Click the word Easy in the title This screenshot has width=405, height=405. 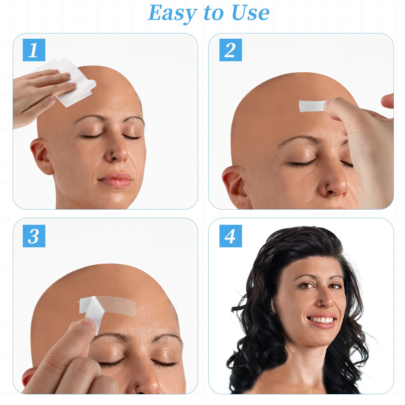[172, 13]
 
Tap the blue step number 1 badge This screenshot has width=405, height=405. [34, 50]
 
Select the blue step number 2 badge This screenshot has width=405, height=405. [231, 50]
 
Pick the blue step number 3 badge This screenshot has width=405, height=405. [34, 236]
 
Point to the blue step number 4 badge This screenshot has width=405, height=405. [231, 236]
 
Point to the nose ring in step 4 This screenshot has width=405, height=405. [322, 303]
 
